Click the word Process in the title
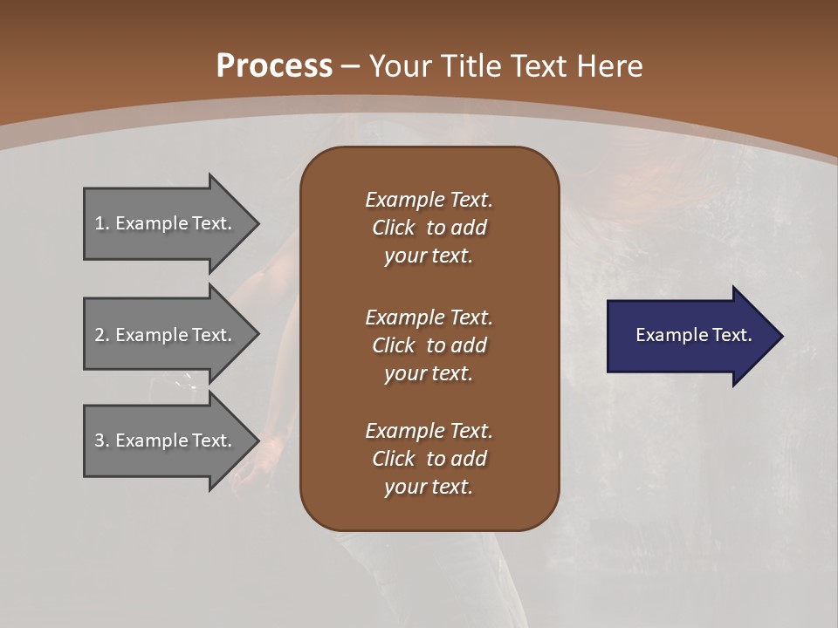(274, 66)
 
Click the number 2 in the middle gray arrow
(100, 335)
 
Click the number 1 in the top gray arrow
(100, 223)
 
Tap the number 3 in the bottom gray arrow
(100, 440)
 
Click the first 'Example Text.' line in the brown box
(429, 200)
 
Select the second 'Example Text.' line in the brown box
(429, 317)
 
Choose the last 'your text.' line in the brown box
(429, 488)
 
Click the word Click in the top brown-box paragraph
(393, 228)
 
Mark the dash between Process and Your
(350, 67)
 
